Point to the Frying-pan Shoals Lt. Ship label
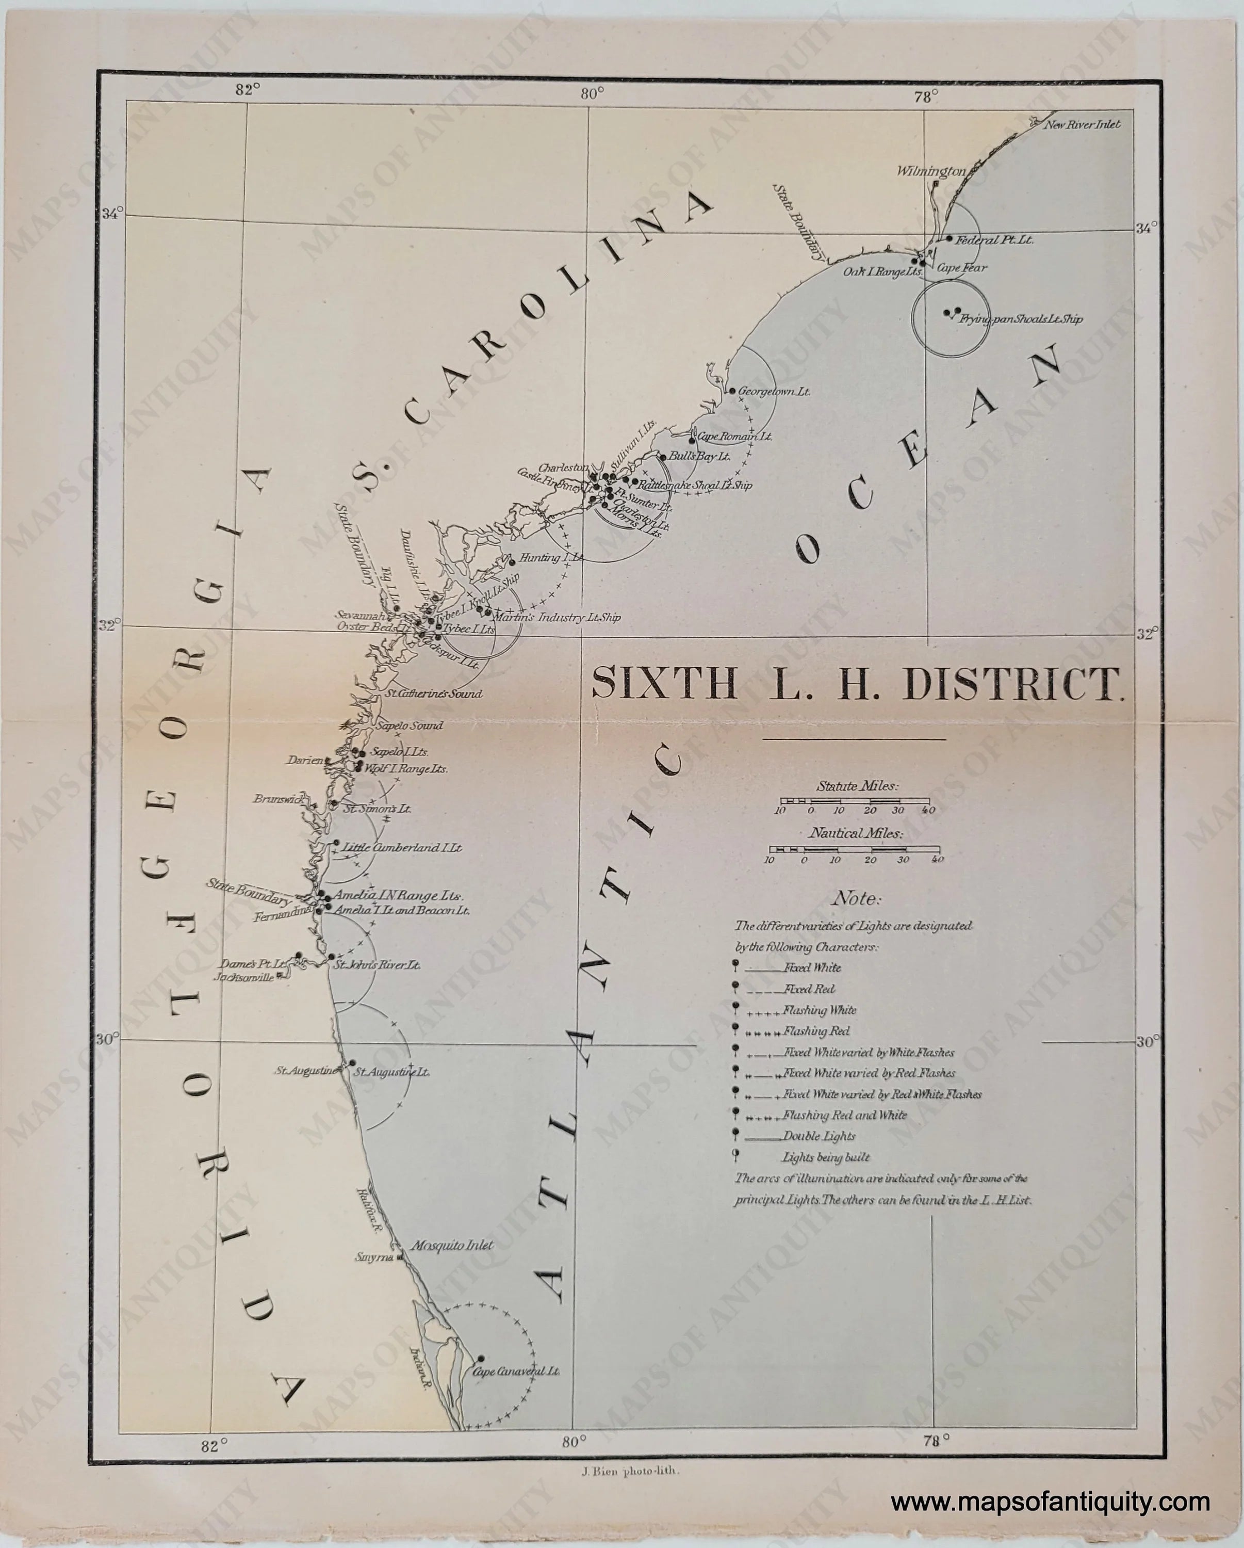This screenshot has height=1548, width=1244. [1021, 319]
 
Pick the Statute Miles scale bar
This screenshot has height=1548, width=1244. [854, 800]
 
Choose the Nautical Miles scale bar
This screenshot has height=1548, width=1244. [854, 849]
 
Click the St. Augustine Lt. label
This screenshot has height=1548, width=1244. [392, 1072]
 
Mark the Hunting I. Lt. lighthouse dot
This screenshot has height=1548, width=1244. [512, 561]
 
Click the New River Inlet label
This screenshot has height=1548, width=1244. [1082, 124]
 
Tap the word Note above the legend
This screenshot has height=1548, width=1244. [856, 899]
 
